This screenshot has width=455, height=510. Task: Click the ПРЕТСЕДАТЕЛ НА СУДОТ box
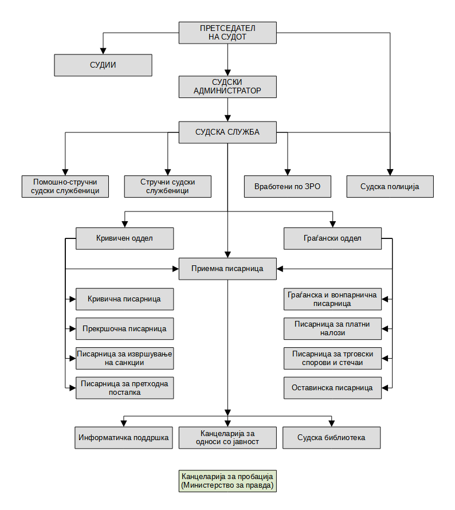[227, 33]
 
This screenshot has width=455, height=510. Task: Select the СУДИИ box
[103, 65]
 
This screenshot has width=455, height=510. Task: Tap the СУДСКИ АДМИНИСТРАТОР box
[227, 87]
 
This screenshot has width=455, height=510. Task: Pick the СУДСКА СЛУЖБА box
[227, 132]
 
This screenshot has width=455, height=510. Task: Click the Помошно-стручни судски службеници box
[65, 186]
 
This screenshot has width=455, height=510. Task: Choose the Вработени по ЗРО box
[288, 186]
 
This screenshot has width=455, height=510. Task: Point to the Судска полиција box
[390, 186]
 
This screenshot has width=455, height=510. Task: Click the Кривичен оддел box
[124, 238]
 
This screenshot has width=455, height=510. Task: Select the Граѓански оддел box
[333, 238]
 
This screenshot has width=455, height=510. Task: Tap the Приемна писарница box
[227, 269]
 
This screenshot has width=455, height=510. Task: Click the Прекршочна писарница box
[124, 329]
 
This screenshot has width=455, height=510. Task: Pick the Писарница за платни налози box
[333, 329]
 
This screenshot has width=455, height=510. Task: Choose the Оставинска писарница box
[333, 388]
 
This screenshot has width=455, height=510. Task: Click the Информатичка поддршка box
[124, 438]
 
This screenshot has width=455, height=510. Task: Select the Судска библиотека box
[331, 438]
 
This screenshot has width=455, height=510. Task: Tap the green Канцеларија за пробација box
[227, 481]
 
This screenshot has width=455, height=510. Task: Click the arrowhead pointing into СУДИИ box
[103, 51]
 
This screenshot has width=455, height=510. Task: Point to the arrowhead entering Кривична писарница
[73, 299]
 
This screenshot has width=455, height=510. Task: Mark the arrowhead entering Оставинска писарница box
[385, 388]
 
